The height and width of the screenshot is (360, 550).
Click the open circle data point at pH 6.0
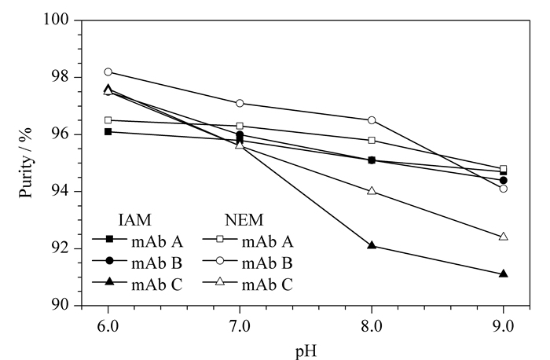pyautogui.click(x=108, y=72)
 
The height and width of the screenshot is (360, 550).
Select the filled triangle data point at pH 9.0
pyautogui.click(x=504, y=274)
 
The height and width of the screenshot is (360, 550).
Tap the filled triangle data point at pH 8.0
pyautogui.click(x=372, y=245)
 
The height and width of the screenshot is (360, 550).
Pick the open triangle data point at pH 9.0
pyautogui.click(x=504, y=236)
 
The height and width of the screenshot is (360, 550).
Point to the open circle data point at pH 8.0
pyautogui.click(x=372, y=120)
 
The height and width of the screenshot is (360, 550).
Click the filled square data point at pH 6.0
pyautogui.click(x=108, y=131)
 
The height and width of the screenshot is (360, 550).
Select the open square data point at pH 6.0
pyautogui.click(x=108, y=120)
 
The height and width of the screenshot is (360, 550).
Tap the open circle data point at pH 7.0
pyautogui.click(x=240, y=103)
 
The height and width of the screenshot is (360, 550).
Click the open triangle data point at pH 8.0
pyautogui.click(x=372, y=191)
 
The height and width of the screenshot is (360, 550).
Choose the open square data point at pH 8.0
pyautogui.click(x=372, y=141)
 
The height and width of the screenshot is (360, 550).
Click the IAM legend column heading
pyautogui.click(x=135, y=220)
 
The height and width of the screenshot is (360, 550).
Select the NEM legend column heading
pyautogui.click(x=244, y=220)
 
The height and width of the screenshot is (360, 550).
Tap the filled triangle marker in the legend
pyautogui.click(x=109, y=281)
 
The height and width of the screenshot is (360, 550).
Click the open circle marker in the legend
pyautogui.click(x=219, y=260)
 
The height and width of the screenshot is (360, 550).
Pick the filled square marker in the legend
pyautogui.click(x=109, y=239)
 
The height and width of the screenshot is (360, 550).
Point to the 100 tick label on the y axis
pyautogui.click(x=56, y=19)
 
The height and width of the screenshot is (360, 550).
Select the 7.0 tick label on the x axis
pyautogui.click(x=240, y=326)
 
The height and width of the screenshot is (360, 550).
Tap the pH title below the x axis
pyautogui.click(x=306, y=351)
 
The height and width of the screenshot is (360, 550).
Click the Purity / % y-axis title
pyautogui.click(x=25, y=163)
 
